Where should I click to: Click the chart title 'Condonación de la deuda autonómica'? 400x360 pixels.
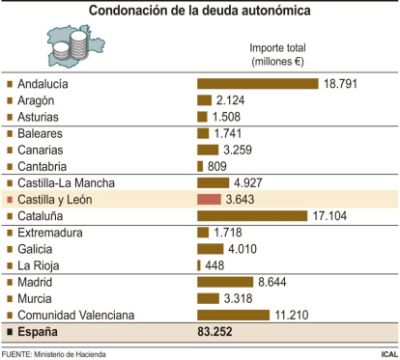[x=200, y=11]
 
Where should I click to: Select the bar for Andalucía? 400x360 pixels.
[x=257, y=83]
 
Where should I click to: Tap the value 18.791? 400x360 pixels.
[x=341, y=84]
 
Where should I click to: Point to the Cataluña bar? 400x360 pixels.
[x=252, y=215]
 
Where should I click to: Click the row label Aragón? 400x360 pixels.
[x=39, y=100]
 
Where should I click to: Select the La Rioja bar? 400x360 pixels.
[x=199, y=264]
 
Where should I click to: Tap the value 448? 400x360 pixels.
[x=215, y=264]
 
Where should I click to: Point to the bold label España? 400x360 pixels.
[x=40, y=332]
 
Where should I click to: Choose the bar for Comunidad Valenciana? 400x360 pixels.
[x=233, y=315]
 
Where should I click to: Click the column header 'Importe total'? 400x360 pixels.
[x=278, y=46]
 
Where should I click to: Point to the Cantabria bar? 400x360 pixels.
[x=200, y=165]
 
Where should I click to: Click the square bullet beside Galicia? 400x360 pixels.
[x=10, y=248]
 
